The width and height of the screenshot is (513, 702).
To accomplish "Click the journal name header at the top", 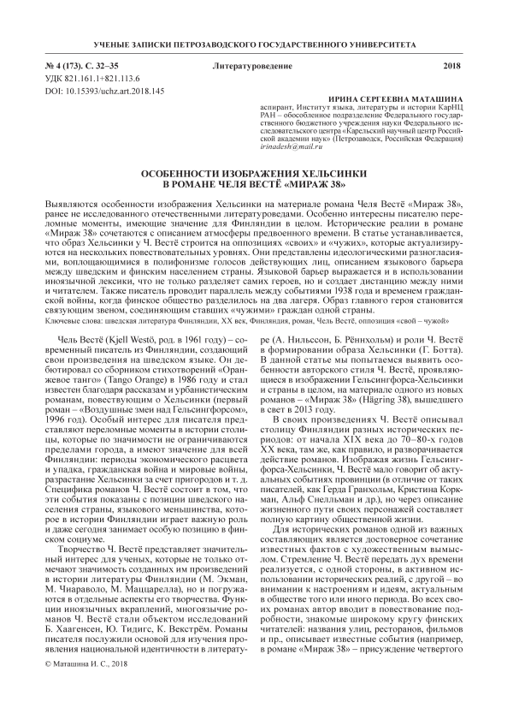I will coord(256,43).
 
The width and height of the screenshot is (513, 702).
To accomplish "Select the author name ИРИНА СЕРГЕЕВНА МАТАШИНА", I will coord(404,98).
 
